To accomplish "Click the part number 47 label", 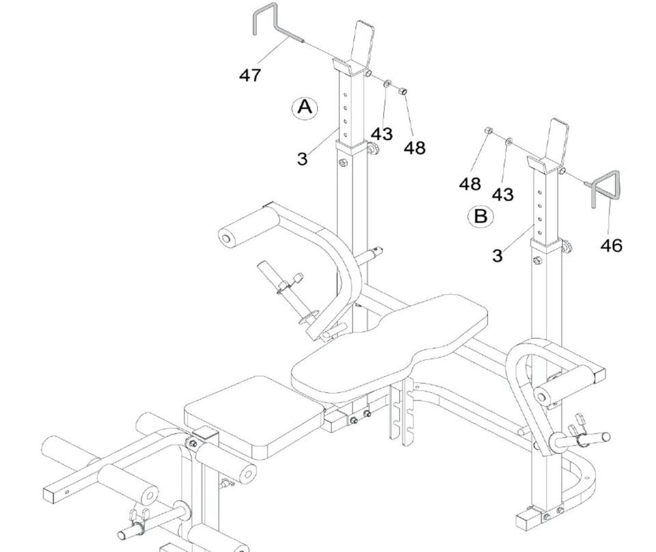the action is (250, 75).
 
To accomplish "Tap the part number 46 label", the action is (611, 245).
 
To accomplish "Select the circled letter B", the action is (480, 216).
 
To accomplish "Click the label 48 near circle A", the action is (415, 148).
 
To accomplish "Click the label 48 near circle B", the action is (470, 184).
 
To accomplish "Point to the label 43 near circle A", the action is (382, 134).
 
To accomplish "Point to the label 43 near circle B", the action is (502, 195).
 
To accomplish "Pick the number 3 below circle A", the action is (302, 159).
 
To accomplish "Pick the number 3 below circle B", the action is (497, 256).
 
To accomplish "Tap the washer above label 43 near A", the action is (387, 83).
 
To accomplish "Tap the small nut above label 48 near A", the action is (402, 90).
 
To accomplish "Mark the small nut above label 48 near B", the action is (488, 130).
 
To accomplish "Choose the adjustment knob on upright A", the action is (372, 148).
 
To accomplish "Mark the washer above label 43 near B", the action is (508, 141).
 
